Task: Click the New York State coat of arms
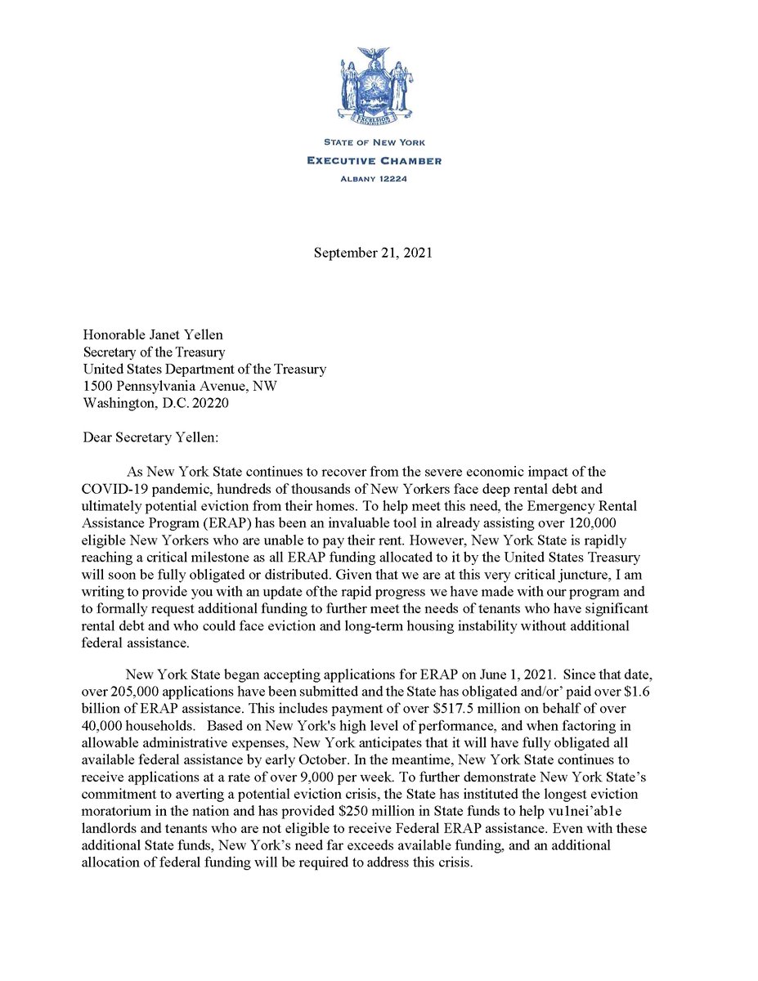click(x=378, y=87)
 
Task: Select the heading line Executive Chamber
click(x=375, y=160)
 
